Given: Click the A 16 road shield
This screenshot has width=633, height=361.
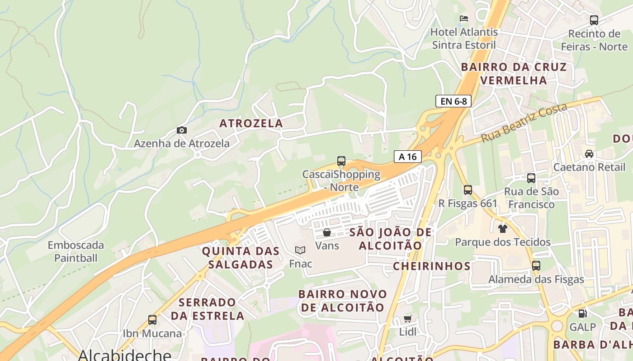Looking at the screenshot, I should [407, 157].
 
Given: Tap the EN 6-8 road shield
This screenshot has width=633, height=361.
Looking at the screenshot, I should [453, 101].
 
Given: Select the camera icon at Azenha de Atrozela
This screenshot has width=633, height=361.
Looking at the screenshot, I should [182, 130].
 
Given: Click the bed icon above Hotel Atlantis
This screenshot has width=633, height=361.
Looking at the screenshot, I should [464, 19].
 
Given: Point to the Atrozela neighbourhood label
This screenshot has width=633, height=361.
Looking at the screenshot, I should [251, 123].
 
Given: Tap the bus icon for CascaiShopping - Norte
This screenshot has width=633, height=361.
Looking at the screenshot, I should [341, 161].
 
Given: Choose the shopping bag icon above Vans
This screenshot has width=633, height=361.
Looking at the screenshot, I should [327, 232].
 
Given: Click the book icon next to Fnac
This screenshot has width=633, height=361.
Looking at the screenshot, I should [300, 250].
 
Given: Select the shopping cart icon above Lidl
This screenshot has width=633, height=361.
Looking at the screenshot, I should [407, 319].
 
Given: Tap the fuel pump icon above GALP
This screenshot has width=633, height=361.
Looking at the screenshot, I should [583, 313].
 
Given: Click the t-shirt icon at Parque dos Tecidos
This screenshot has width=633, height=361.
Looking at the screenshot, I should [502, 228].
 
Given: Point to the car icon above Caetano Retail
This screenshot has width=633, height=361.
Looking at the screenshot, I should [589, 154].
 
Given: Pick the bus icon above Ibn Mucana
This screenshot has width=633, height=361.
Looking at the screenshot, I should [152, 320].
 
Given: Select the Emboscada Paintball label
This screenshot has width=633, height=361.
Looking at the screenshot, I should [76, 252].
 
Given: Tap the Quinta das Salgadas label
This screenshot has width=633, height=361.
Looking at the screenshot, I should [237, 258].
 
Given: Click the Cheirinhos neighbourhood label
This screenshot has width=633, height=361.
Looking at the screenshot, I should [431, 266].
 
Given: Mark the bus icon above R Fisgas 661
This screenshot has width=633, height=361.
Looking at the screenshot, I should [468, 190].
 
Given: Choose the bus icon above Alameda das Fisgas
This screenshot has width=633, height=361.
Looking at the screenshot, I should [536, 266].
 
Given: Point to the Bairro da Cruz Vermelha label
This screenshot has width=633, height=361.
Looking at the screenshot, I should [514, 74].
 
